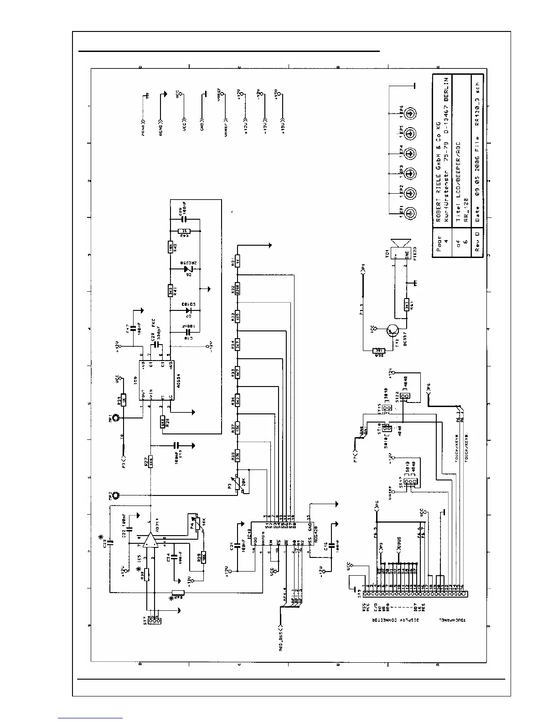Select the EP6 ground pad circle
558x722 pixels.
pyautogui.click(x=410, y=113)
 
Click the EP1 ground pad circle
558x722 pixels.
pyautogui.click(x=410, y=212)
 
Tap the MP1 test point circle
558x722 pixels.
pyautogui.click(x=117, y=418)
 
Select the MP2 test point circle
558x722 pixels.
pyautogui.click(x=117, y=495)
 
